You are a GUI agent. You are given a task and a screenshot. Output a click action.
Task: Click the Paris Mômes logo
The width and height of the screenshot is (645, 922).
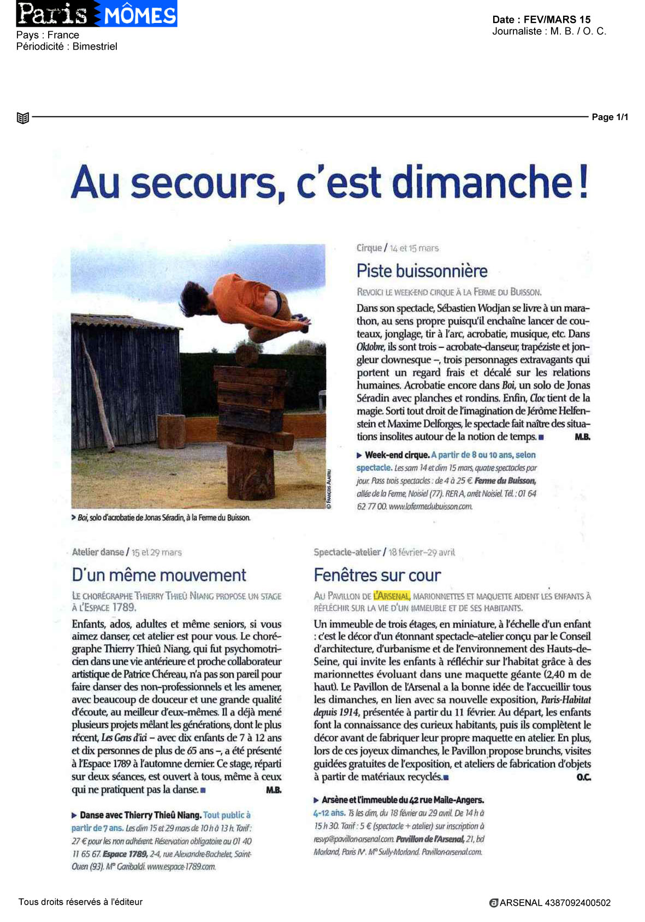pyautogui.click(x=97, y=14)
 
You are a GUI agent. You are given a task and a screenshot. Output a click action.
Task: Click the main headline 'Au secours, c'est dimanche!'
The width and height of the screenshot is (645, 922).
pyautogui.click(x=330, y=183)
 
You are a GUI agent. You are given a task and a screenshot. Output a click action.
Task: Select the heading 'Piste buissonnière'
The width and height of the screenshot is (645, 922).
pyautogui.click(x=422, y=271)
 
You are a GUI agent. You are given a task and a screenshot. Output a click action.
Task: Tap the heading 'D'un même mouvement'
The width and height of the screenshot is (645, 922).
pyautogui.click(x=159, y=575)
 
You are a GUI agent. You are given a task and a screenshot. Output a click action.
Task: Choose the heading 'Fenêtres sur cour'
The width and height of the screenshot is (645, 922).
pyautogui.click(x=377, y=575)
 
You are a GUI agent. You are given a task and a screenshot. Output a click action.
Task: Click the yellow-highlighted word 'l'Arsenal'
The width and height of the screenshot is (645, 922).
pyautogui.click(x=392, y=596)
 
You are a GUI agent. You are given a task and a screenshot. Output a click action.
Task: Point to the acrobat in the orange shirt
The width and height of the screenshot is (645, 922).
pyautogui.click(x=251, y=308)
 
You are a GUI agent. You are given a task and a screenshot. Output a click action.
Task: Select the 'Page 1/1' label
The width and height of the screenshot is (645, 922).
pyautogui.click(x=610, y=117)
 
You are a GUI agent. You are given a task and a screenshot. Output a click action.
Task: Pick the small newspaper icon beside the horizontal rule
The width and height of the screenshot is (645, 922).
pyautogui.click(x=23, y=117)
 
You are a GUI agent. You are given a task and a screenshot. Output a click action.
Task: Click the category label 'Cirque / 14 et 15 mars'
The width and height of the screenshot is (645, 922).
pyautogui.click(x=398, y=248)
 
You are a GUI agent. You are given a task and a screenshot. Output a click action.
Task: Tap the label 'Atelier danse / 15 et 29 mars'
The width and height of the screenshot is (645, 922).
pyautogui.click(x=127, y=552)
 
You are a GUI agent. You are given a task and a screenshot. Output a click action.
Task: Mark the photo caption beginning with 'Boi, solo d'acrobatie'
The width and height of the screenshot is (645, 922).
pyautogui.click(x=161, y=517)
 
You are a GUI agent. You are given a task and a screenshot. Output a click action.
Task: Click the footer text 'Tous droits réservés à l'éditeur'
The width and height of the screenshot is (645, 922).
pyautogui.click(x=80, y=902)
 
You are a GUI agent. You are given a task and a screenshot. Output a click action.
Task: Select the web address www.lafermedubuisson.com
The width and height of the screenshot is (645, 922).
pyautogui.click(x=430, y=507)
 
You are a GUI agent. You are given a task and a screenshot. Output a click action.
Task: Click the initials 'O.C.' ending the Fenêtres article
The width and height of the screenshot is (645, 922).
pyautogui.click(x=583, y=777)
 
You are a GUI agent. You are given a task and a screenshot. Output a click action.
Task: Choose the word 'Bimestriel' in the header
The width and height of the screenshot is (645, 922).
pyautogui.click(x=94, y=46)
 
